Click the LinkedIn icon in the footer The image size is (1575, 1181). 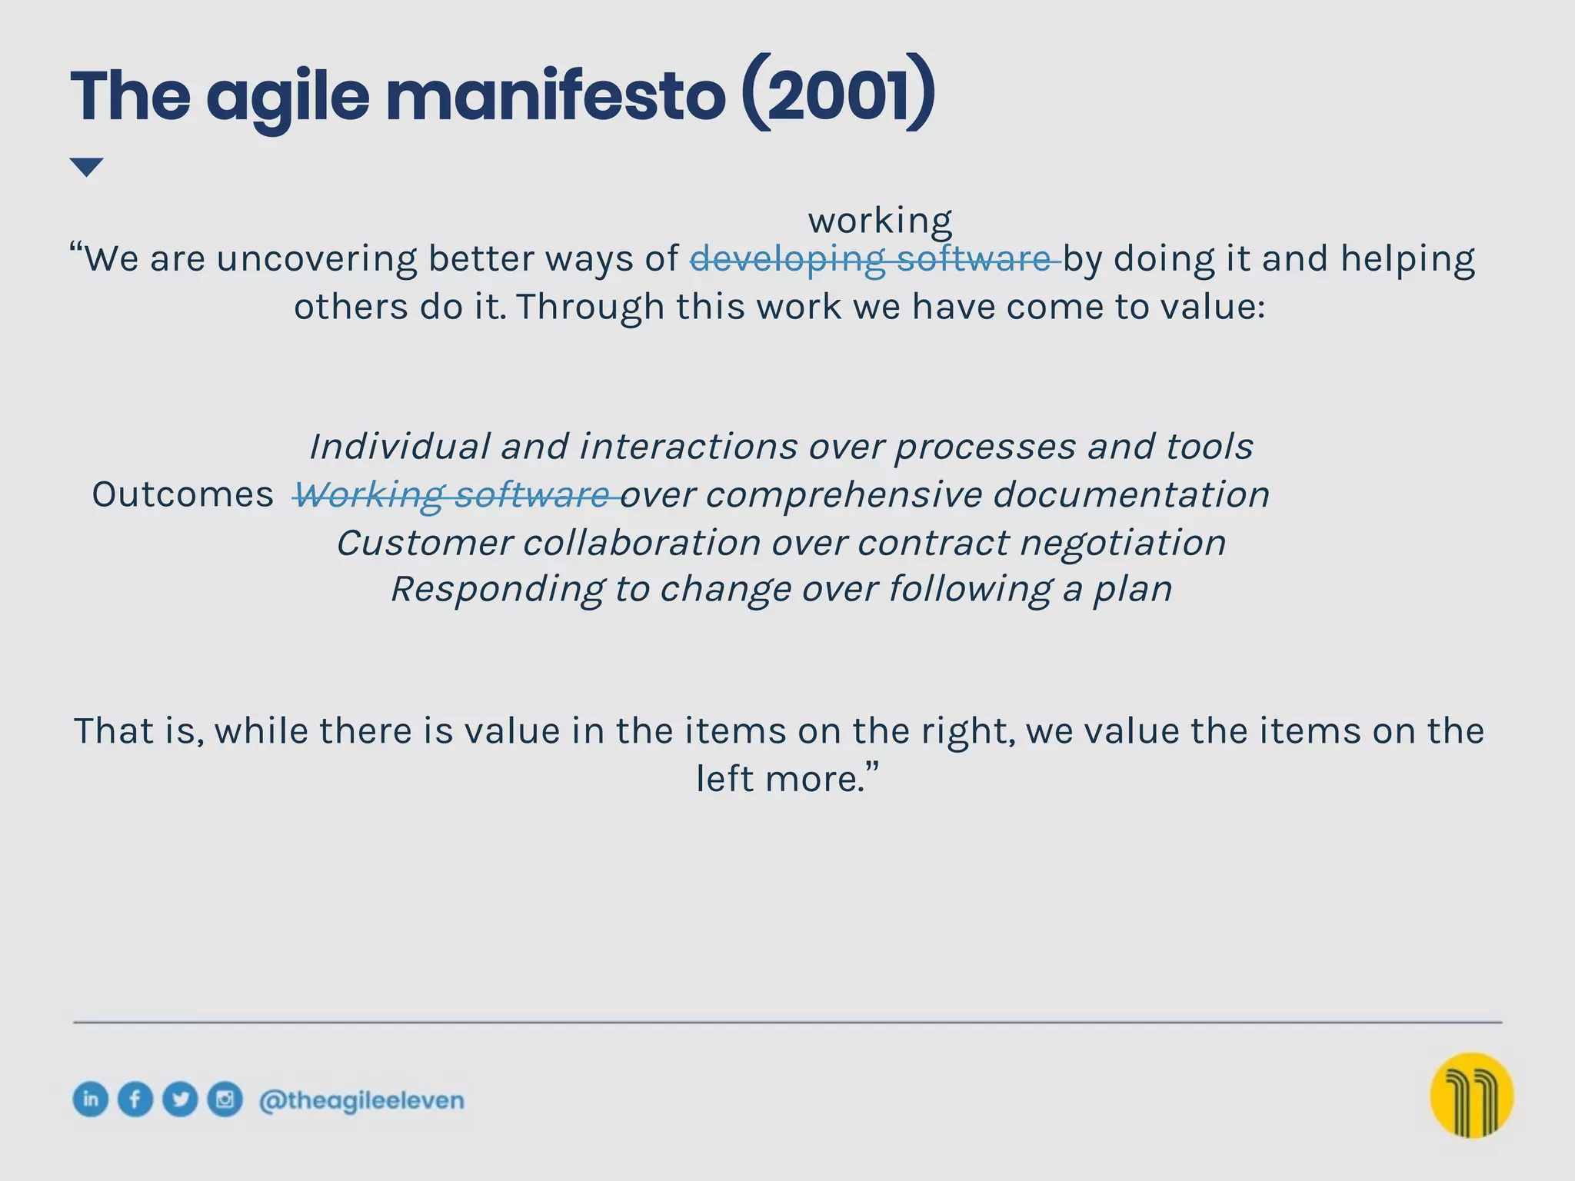click(x=91, y=1099)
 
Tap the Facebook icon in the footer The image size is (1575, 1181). click(x=135, y=1099)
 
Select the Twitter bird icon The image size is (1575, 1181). click(x=180, y=1099)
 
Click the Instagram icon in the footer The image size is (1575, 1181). click(x=225, y=1099)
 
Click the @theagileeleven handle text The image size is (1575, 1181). click(x=361, y=1100)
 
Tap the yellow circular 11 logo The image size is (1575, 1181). click(x=1471, y=1095)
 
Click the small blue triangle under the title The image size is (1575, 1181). click(x=86, y=166)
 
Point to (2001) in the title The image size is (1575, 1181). click(x=839, y=96)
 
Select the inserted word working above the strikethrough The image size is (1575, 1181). click(x=880, y=221)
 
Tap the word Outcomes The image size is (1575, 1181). click(x=182, y=494)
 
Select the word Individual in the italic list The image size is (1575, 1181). click(x=399, y=447)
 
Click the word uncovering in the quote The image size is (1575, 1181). click(x=316, y=258)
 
